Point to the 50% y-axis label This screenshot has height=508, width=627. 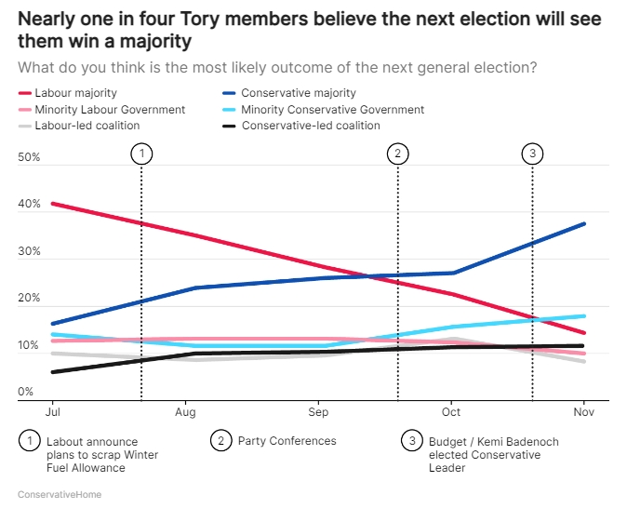(29, 158)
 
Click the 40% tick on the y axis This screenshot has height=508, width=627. (29, 205)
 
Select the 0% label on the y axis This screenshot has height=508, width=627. (26, 392)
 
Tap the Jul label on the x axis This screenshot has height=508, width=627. (53, 412)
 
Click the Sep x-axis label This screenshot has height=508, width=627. (318, 412)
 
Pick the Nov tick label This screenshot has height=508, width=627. (583, 412)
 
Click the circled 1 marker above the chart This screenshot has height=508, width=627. (141, 154)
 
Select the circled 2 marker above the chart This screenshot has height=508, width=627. (398, 154)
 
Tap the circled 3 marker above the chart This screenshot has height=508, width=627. (532, 154)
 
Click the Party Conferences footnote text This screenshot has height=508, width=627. (287, 441)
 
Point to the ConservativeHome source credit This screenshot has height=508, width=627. (60, 494)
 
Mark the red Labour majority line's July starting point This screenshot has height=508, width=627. (53, 203)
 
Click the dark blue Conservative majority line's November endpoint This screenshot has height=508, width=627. (584, 223)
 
